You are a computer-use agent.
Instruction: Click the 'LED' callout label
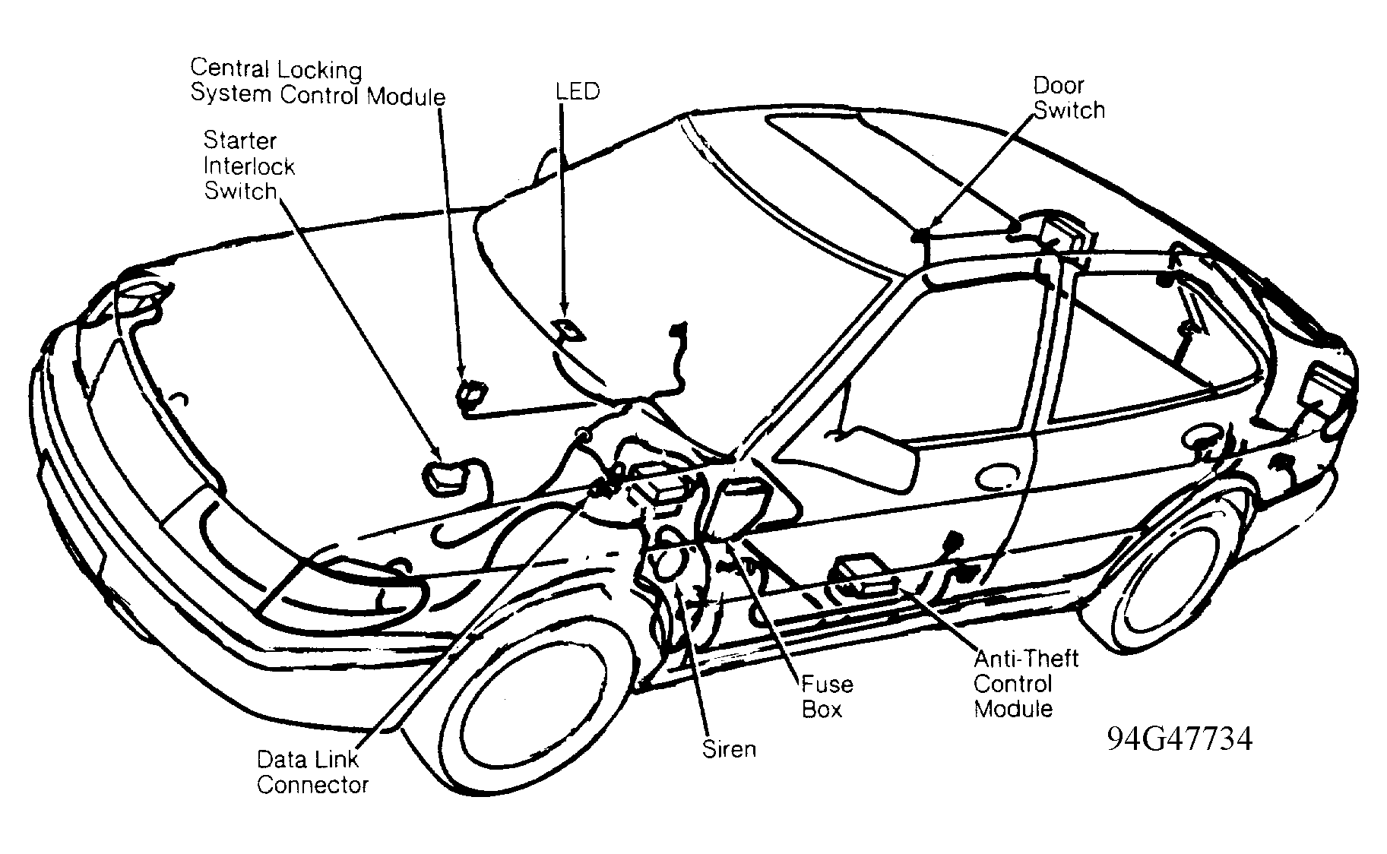pos(577,92)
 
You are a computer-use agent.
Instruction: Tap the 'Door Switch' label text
pos(1069,98)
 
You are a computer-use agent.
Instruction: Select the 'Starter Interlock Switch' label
pos(249,166)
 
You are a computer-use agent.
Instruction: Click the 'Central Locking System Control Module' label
pos(318,82)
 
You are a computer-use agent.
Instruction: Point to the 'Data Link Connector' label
pos(312,772)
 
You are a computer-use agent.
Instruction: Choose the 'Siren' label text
pos(729,749)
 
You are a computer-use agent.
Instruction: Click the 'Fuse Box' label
pos(827,697)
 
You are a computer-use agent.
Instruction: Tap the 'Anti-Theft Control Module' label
pos(1026,683)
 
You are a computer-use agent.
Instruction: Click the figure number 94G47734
pos(1179,739)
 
